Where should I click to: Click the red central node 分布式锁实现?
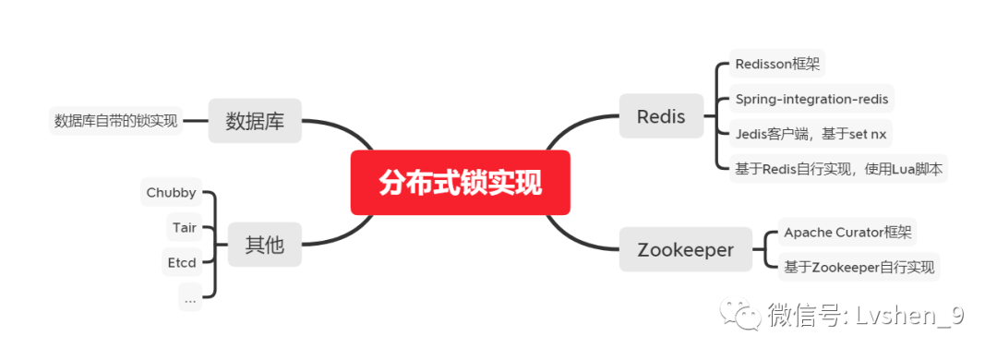[x=461, y=183]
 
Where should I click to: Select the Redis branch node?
[x=661, y=116]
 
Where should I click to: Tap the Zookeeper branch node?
[x=685, y=249]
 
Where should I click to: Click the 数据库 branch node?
[x=255, y=120]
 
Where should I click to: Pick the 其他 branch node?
[x=265, y=245]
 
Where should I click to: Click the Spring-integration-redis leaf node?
[x=811, y=99]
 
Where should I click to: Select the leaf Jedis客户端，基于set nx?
[x=811, y=134]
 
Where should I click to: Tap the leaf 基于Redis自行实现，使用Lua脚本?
[x=838, y=169]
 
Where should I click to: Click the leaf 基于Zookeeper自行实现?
[x=859, y=267]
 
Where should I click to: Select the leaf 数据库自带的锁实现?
[x=115, y=121]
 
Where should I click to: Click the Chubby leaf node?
[x=171, y=192]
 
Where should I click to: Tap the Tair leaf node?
[x=185, y=227]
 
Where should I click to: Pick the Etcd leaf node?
[x=182, y=262]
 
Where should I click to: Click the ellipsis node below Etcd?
[x=190, y=297]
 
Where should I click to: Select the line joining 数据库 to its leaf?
[x=196, y=121]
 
